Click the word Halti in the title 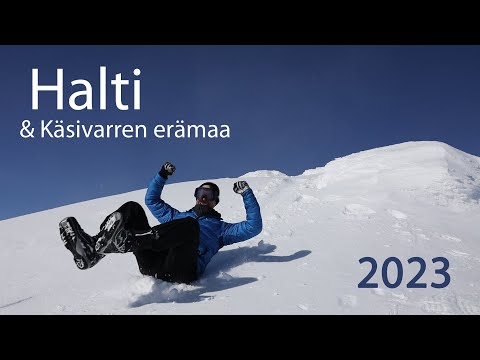coord(86,91)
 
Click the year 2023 coord(404,273)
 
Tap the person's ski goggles coord(207,193)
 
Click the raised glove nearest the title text coord(167,170)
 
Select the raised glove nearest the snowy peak coord(241,187)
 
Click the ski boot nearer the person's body coord(112,233)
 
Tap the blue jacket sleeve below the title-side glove coord(157,196)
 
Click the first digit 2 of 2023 coord(368,273)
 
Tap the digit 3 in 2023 coord(439,273)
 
